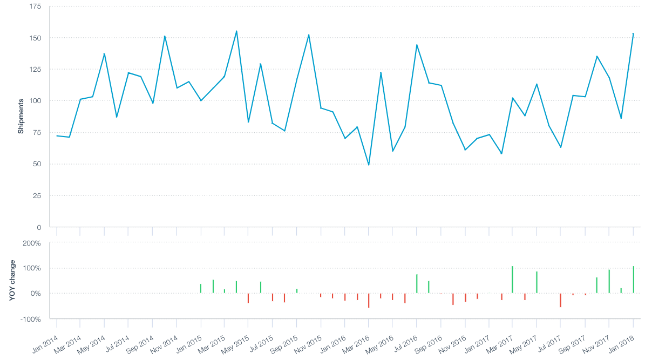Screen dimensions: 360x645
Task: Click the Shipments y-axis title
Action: click(21, 116)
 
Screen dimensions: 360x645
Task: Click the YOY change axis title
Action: click(12, 280)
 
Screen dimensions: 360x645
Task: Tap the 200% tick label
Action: click(31, 243)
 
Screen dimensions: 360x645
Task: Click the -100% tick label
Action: click(30, 319)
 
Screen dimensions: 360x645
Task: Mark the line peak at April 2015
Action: click(236, 31)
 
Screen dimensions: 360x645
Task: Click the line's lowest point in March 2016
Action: click(369, 165)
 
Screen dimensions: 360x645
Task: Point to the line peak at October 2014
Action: click(165, 36)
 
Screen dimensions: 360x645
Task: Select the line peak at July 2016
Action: click(417, 45)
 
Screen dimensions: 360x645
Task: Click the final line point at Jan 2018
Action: click(633, 33)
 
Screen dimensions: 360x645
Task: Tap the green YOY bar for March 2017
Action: click(512, 280)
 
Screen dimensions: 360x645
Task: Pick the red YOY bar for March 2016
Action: click(369, 300)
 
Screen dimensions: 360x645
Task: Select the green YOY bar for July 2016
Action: click(417, 284)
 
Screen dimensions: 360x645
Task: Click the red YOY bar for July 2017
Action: click(560, 300)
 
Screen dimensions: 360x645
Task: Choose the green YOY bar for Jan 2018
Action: click(633, 280)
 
